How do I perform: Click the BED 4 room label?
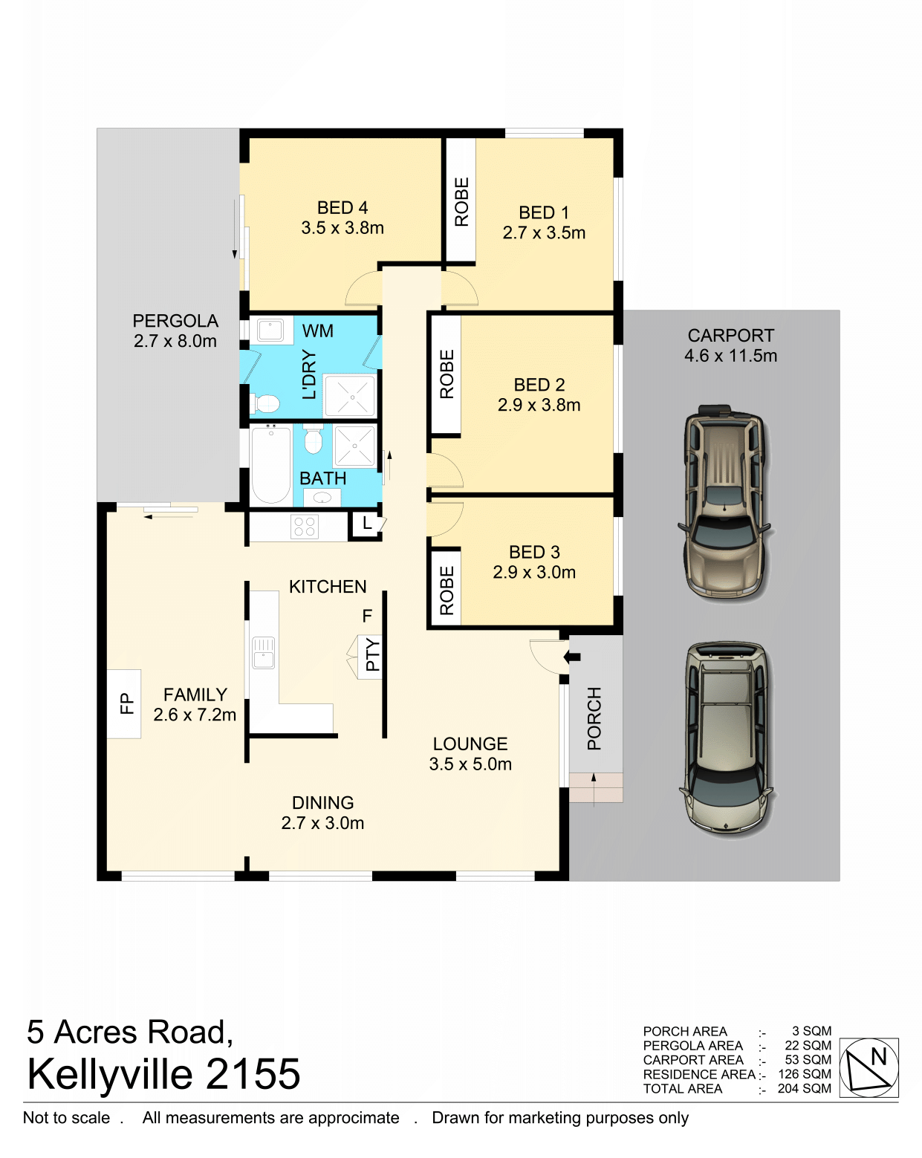pyautogui.click(x=342, y=208)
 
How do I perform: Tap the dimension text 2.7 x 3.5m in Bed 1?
pyautogui.click(x=544, y=233)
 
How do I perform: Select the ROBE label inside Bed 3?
pyautogui.click(x=447, y=590)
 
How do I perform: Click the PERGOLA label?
pyautogui.click(x=175, y=321)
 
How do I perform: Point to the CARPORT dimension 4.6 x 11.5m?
pyautogui.click(x=730, y=356)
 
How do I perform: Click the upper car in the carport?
pyautogui.click(x=724, y=501)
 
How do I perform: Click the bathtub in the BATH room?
pyautogui.click(x=270, y=463)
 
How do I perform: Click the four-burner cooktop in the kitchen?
pyautogui.click(x=304, y=527)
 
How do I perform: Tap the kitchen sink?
pyautogui.click(x=263, y=652)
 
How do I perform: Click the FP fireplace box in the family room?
pyautogui.click(x=124, y=704)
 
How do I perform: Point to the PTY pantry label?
pyautogui.click(x=372, y=654)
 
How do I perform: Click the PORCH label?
pyautogui.click(x=594, y=718)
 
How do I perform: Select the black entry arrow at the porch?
pyautogui.click(x=571, y=657)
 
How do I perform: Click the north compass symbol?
pyautogui.click(x=869, y=1067)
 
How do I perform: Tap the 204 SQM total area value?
pyautogui.click(x=804, y=1089)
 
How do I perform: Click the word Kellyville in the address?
pyautogui.click(x=110, y=1075)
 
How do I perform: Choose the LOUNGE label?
pyautogui.click(x=470, y=744)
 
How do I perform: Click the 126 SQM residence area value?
pyautogui.click(x=805, y=1074)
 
